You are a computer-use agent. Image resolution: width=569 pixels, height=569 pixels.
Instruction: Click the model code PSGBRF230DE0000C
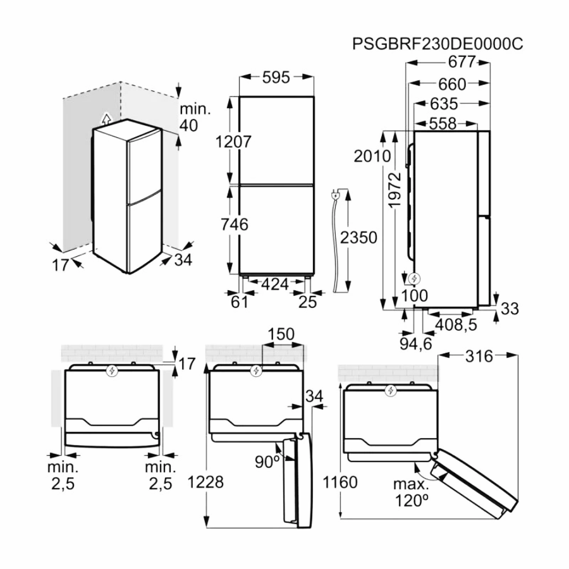(x=437, y=44)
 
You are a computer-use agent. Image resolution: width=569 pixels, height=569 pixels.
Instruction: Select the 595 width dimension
(x=276, y=77)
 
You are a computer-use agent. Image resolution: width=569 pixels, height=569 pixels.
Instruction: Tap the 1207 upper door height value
(x=233, y=142)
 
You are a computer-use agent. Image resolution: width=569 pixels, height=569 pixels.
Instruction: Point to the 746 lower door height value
(x=235, y=224)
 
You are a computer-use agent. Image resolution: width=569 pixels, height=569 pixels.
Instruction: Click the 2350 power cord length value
(x=358, y=238)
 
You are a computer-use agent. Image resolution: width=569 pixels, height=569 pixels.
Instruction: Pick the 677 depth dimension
(x=462, y=62)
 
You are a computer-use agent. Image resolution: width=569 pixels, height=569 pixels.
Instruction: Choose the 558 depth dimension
(x=443, y=124)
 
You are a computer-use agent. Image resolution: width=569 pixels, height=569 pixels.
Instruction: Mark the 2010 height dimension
(x=372, y=156)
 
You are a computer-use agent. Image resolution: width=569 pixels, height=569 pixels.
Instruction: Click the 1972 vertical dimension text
(x=395, y=190)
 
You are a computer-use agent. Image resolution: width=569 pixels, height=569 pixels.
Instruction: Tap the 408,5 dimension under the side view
(x=456, y=325)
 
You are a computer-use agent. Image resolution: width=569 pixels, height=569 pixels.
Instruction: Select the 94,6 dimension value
(x=416, y=343)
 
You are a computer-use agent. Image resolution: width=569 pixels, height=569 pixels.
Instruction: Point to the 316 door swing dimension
(x=479, y=357)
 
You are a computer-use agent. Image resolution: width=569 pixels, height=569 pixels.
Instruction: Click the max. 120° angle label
(x=411, y=493)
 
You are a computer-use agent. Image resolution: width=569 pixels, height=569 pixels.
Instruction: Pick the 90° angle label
(x=267, y=462)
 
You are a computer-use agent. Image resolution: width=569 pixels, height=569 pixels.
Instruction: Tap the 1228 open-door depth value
(x=205, y=482)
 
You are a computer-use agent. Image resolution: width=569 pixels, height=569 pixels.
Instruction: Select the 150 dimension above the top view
(x=281, y=334)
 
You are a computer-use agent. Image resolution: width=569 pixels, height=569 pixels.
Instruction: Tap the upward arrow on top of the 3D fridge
(x=106, y=119)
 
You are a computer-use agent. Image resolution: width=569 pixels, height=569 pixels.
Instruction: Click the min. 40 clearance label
(x=195, y=117)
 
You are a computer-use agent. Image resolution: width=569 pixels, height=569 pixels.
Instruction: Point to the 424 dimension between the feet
(x=275, y=284)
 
